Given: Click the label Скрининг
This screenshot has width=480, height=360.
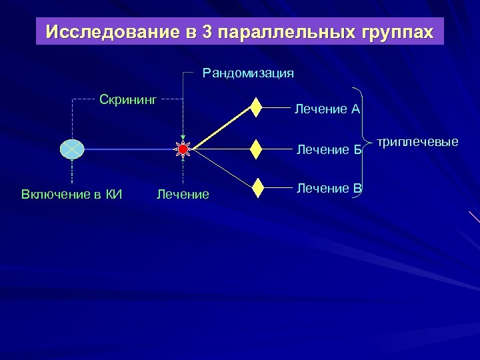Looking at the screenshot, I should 127,100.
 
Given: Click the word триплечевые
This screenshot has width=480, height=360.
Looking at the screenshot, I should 417,141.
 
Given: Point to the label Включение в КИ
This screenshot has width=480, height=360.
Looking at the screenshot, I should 72,195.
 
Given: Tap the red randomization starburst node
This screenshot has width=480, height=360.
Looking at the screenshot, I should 183,150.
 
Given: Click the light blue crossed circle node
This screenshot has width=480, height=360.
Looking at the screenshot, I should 71,150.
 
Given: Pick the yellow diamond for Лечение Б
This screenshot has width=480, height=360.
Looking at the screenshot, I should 256,150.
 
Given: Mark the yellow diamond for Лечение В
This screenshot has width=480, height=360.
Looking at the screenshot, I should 256,188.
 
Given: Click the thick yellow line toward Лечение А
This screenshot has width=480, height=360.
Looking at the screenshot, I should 220,128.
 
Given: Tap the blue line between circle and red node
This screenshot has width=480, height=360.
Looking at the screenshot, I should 127,150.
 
